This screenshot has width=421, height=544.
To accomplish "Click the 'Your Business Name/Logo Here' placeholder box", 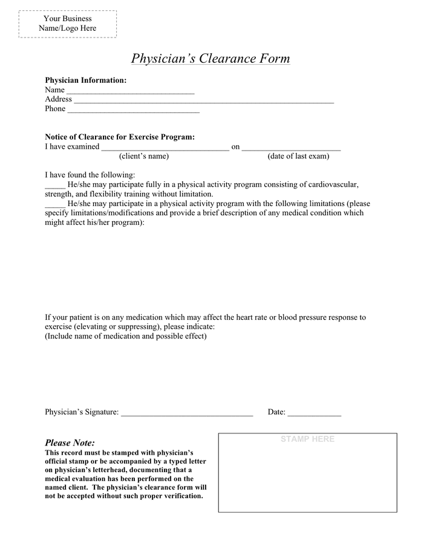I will pos(67,24).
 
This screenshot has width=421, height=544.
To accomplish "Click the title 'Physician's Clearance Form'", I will pos(211,59).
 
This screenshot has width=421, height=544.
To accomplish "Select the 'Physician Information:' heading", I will pos(86,80).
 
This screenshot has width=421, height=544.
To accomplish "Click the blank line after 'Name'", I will pos(130,91).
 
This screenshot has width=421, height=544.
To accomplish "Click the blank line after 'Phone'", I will pos(133,110).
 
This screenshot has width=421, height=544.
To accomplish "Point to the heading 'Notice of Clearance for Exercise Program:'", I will pos(120,137).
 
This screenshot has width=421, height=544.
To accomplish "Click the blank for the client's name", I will pos(165,148).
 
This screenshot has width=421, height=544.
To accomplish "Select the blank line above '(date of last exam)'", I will pos(291,148).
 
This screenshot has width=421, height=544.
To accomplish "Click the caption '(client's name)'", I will pos(144,157).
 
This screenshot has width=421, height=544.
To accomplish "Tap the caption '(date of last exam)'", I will pos(298,157).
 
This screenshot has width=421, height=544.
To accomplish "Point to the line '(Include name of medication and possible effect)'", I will pos(126,336).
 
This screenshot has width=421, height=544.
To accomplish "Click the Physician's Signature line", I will pos(187,413).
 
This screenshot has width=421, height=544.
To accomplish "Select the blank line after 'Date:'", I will pos(314,413).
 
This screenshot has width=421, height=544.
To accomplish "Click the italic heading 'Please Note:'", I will pos(70,443).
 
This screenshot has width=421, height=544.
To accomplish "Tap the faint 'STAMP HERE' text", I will pos(307,439).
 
